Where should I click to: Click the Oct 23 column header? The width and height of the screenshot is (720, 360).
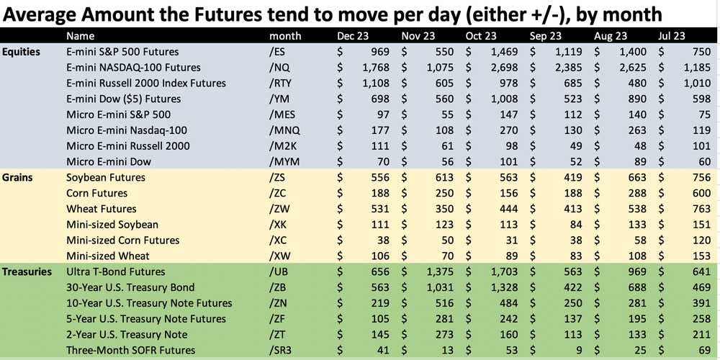(482, 36)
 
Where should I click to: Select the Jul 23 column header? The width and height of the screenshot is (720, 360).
(672, 36)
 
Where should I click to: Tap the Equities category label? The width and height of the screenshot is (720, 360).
(21, 52)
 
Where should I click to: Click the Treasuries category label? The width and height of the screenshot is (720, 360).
(27, 271)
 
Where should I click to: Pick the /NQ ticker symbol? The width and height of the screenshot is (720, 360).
(281, 68)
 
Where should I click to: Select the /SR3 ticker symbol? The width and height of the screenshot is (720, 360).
(284, 350)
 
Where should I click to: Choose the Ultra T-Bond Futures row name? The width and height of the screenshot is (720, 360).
(115, 271)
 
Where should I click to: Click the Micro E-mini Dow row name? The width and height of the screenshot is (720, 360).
(108, 162)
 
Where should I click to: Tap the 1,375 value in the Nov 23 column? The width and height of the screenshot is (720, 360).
(438, 271)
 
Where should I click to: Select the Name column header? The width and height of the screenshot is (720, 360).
(80, 36)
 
